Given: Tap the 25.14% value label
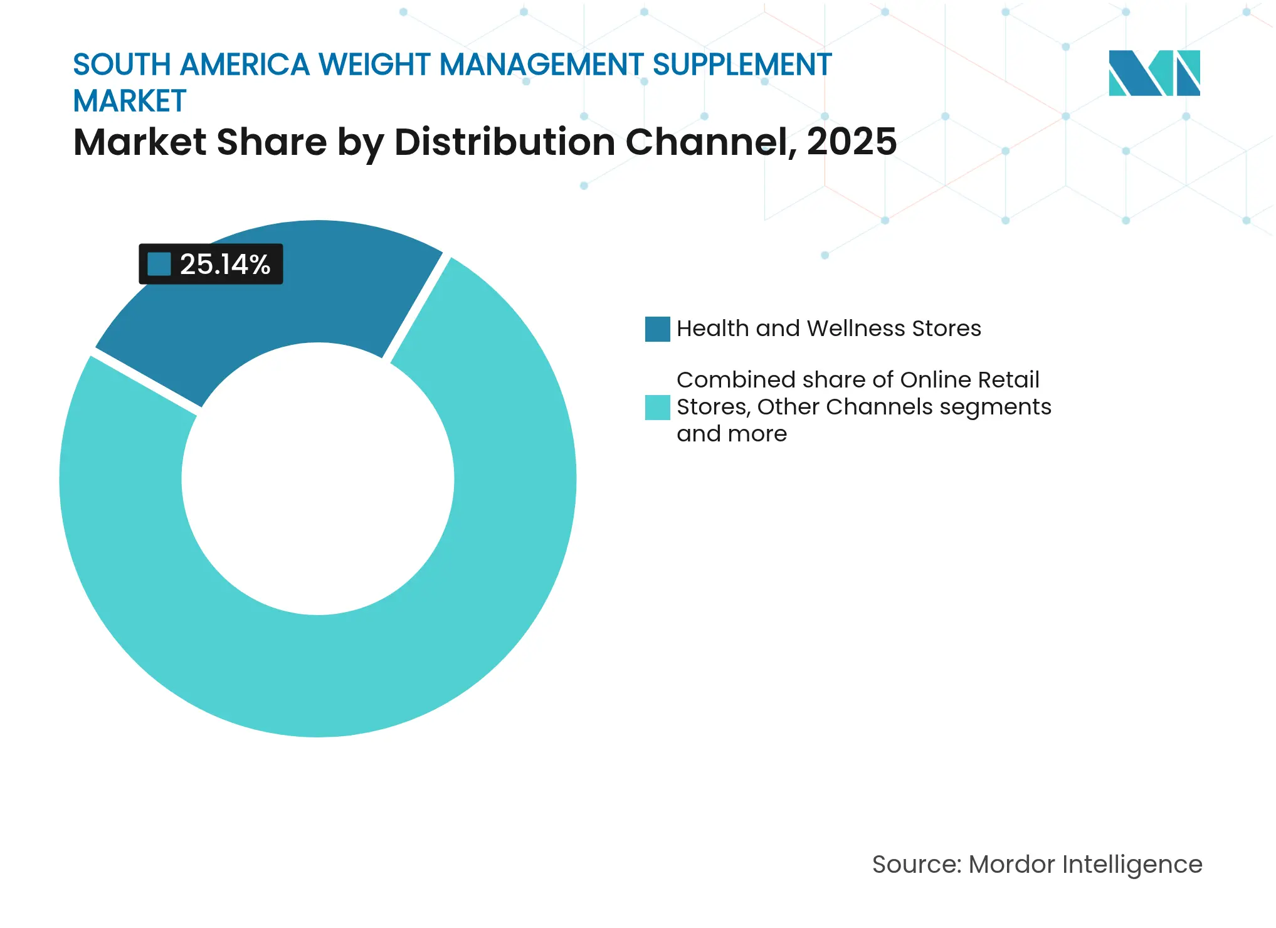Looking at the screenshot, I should (x=224, y=264).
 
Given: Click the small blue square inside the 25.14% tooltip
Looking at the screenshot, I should (x=159, y=264).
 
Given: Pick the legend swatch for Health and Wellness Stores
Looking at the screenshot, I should (x=657, y=329).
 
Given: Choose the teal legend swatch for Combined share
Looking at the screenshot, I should (x=657, y=407).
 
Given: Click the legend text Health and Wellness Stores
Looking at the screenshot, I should (x=828, y=329).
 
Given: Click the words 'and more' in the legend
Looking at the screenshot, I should (x=731, y=434).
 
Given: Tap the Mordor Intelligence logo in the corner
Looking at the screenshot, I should (x=1154, y=73).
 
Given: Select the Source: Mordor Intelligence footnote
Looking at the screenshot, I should (x=1036, y=864).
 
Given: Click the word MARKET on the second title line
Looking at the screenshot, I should (x=130, y=101).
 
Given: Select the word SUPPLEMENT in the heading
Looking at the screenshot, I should (x=742, y=65).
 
